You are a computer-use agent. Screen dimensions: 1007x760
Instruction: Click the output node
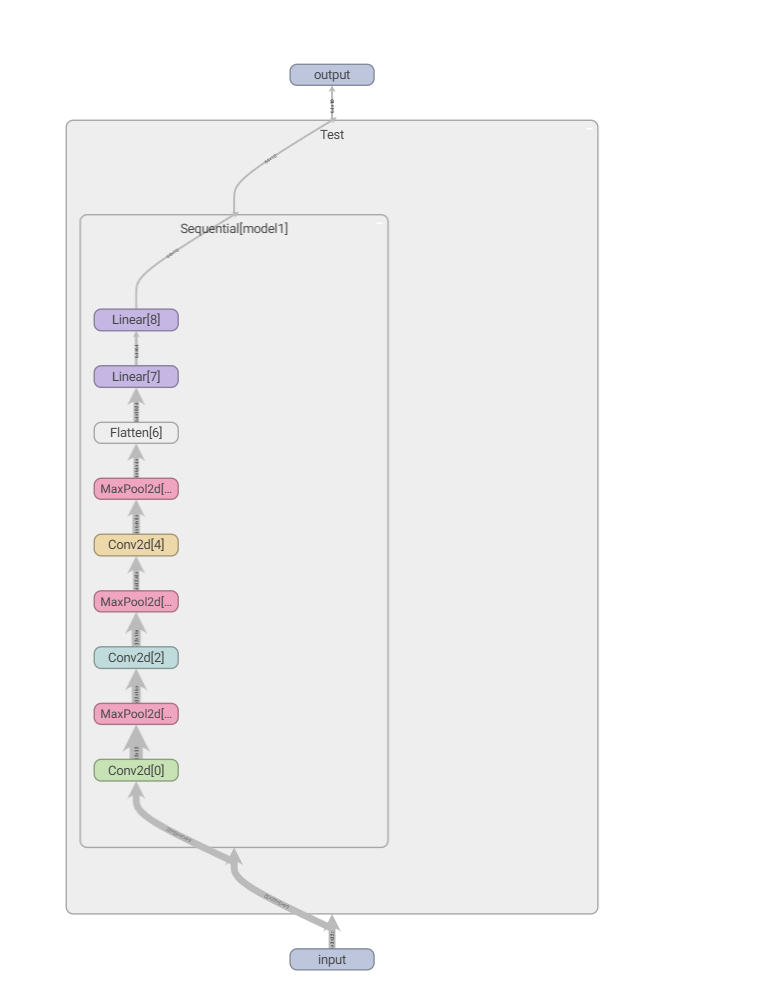click(332, 75)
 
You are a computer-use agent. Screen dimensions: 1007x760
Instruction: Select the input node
click(332, 960)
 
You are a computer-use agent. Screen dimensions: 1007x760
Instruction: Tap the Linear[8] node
click(136, 320)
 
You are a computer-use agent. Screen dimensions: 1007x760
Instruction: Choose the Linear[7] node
click(136, 377)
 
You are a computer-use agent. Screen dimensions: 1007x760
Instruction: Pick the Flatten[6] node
click(136, 433)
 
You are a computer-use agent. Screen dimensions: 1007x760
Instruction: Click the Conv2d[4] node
click(136, 545)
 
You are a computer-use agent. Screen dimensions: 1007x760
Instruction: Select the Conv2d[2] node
click(136, 658)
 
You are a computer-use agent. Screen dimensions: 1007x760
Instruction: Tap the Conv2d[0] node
click(136, 771)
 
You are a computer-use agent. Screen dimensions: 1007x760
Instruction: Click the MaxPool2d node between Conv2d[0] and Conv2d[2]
click(136, 714)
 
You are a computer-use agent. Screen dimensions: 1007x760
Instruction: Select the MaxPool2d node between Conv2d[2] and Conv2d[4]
click(136, 602)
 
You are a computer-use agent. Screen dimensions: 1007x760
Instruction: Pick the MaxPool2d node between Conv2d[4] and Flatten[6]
click(136, 489)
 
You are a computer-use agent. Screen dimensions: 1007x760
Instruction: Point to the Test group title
click(332, 135)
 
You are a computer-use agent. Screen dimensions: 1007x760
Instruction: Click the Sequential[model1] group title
click(234, 229)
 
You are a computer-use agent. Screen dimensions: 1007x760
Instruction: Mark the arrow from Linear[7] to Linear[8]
click(136, 349)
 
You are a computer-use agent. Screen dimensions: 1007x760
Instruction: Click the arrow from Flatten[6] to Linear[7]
click(136, 405)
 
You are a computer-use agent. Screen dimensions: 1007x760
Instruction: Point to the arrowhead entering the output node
click(332, 91)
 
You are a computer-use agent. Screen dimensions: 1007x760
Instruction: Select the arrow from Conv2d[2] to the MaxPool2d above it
click(136, 630)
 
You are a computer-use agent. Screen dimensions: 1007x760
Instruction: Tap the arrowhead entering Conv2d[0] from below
click(136, 790)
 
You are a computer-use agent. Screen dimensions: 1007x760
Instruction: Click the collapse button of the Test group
click(589, 128)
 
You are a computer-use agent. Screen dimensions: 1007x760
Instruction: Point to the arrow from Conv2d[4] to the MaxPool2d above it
click(136, 517)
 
